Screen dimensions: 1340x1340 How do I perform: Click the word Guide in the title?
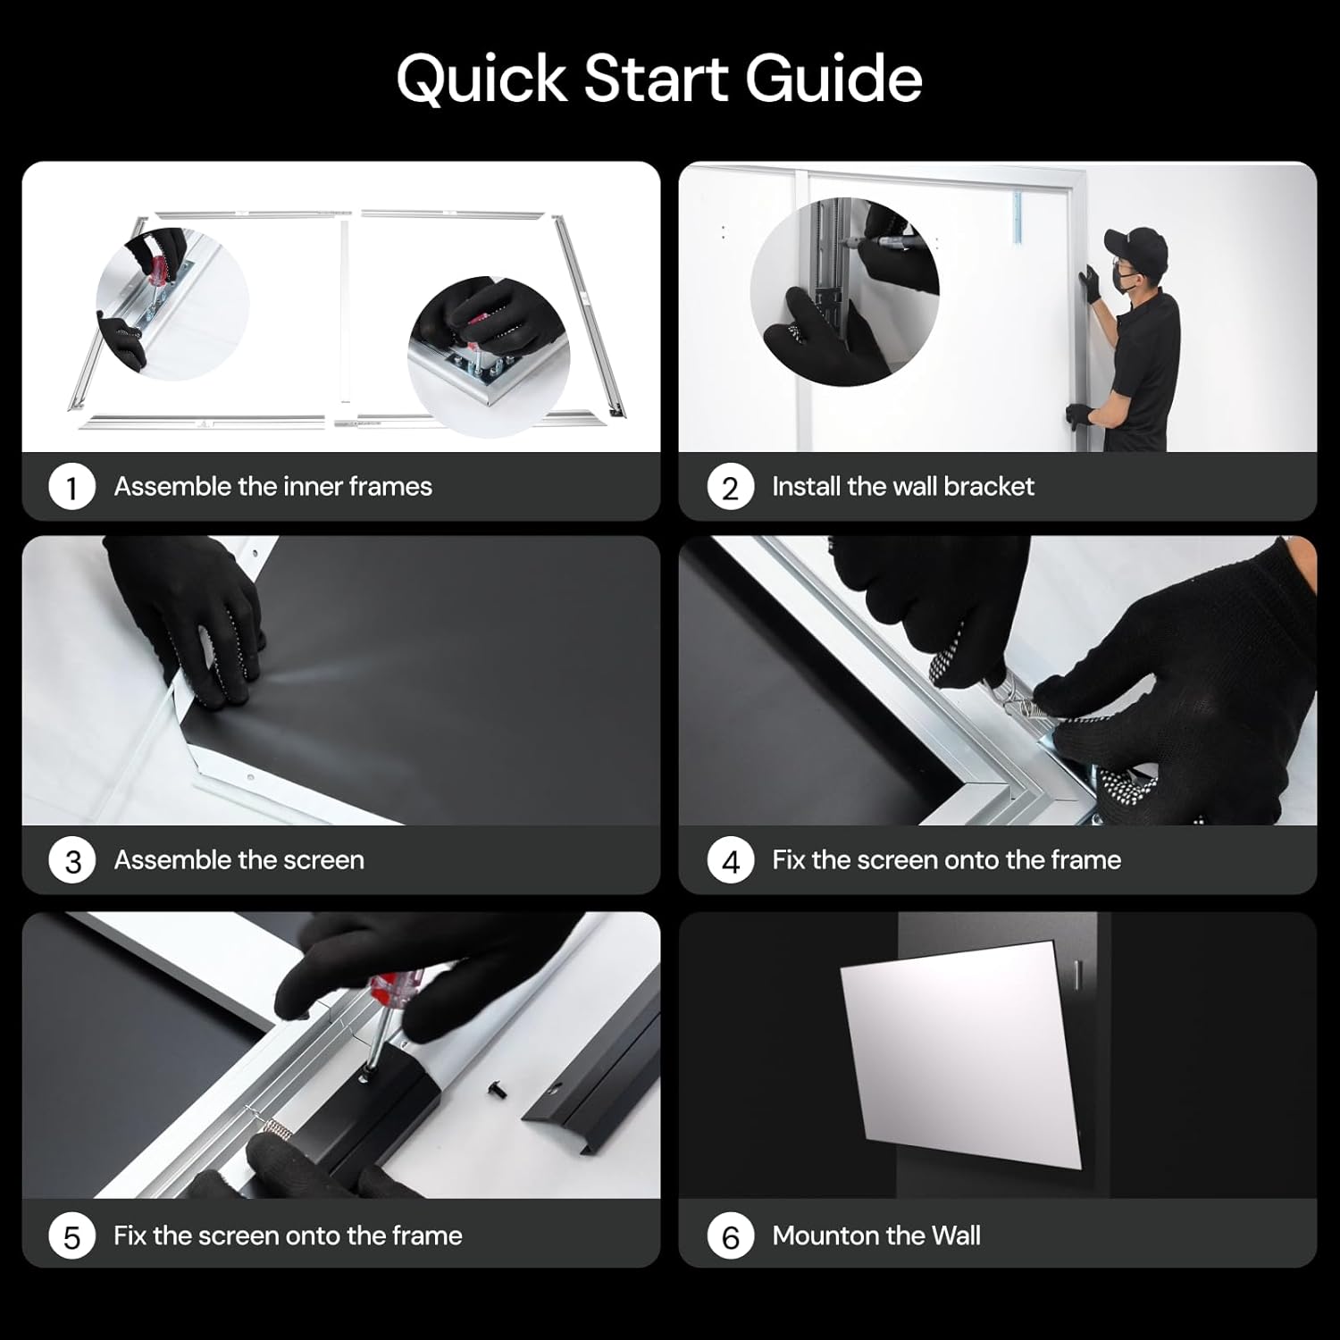tap(833, 79)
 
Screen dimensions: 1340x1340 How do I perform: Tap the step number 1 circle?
tap(72, 488)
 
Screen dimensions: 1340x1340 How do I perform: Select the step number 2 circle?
tap(730, 488)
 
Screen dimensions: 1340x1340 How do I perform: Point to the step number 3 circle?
tap(72, 861)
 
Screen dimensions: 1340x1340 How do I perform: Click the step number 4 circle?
tap(730, 861)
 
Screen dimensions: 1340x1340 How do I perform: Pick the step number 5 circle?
tap(72, 1236)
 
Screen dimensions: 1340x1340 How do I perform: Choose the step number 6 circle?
tap(730, 1236)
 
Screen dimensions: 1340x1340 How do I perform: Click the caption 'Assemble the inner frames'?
tap(272, 487)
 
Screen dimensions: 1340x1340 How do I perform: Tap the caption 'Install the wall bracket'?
tap(902, 487)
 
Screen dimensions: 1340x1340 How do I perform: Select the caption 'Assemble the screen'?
tap(239, 860)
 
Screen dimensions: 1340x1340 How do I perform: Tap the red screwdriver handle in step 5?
tap(393, 987)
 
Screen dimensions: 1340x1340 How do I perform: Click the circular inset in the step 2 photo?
tap(844, 291)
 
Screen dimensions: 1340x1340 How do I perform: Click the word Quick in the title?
tap(482, 79)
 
